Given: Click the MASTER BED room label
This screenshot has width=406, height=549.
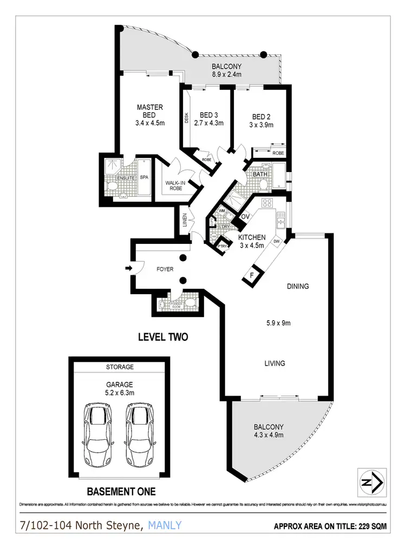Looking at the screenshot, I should [x=150, y=111].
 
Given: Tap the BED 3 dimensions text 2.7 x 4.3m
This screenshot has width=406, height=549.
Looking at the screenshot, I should [x=208, y=123].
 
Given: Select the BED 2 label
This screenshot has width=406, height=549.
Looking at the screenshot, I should [x=261, y=117].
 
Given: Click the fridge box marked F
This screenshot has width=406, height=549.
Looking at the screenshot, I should [x=251, y=275].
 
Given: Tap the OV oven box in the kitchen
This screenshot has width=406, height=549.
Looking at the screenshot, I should [x=245, y=217].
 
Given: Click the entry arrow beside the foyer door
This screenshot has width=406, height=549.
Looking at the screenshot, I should [x=128, y=267].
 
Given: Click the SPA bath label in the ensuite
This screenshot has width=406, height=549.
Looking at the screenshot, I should [x=144, y=177].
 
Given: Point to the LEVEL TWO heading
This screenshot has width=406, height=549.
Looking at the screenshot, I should [x=163, y=337].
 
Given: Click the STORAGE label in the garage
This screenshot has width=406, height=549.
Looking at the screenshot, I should [x=120, y=367].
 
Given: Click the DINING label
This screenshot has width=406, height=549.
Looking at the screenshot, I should [x=297, y=286].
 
